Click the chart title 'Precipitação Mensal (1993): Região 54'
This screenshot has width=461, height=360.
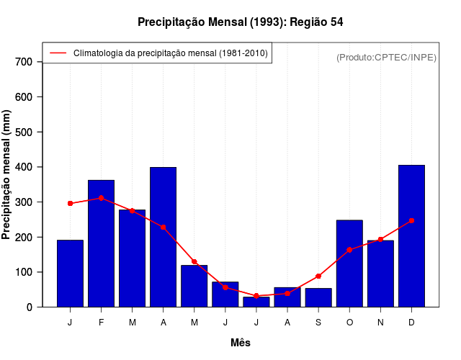tap(240, 22)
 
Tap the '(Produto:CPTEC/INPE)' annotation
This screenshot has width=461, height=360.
tap(386, 57)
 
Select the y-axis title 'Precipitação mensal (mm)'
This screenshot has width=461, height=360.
tap(7, 175)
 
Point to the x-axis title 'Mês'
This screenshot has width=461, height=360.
tap(241, 343)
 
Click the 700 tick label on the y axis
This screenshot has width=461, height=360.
tap(24, 62)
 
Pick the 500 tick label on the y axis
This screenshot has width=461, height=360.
tap(24, 132)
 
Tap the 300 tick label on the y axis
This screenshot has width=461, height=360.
tap(24, 202)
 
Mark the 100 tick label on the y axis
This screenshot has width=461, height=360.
tap(24, 272)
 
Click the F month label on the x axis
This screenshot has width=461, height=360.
tap(102, 322)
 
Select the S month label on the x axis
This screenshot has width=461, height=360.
tap(318, 322)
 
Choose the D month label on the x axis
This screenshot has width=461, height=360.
tap(411, 322)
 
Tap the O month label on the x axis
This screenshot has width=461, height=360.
tap(349, 322)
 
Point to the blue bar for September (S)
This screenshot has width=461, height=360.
tap(318, 297)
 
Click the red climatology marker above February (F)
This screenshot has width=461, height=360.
tap(102, 198)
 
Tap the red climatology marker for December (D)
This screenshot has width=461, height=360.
tap(411, 220)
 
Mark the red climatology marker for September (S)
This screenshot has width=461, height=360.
tap(318, 276)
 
